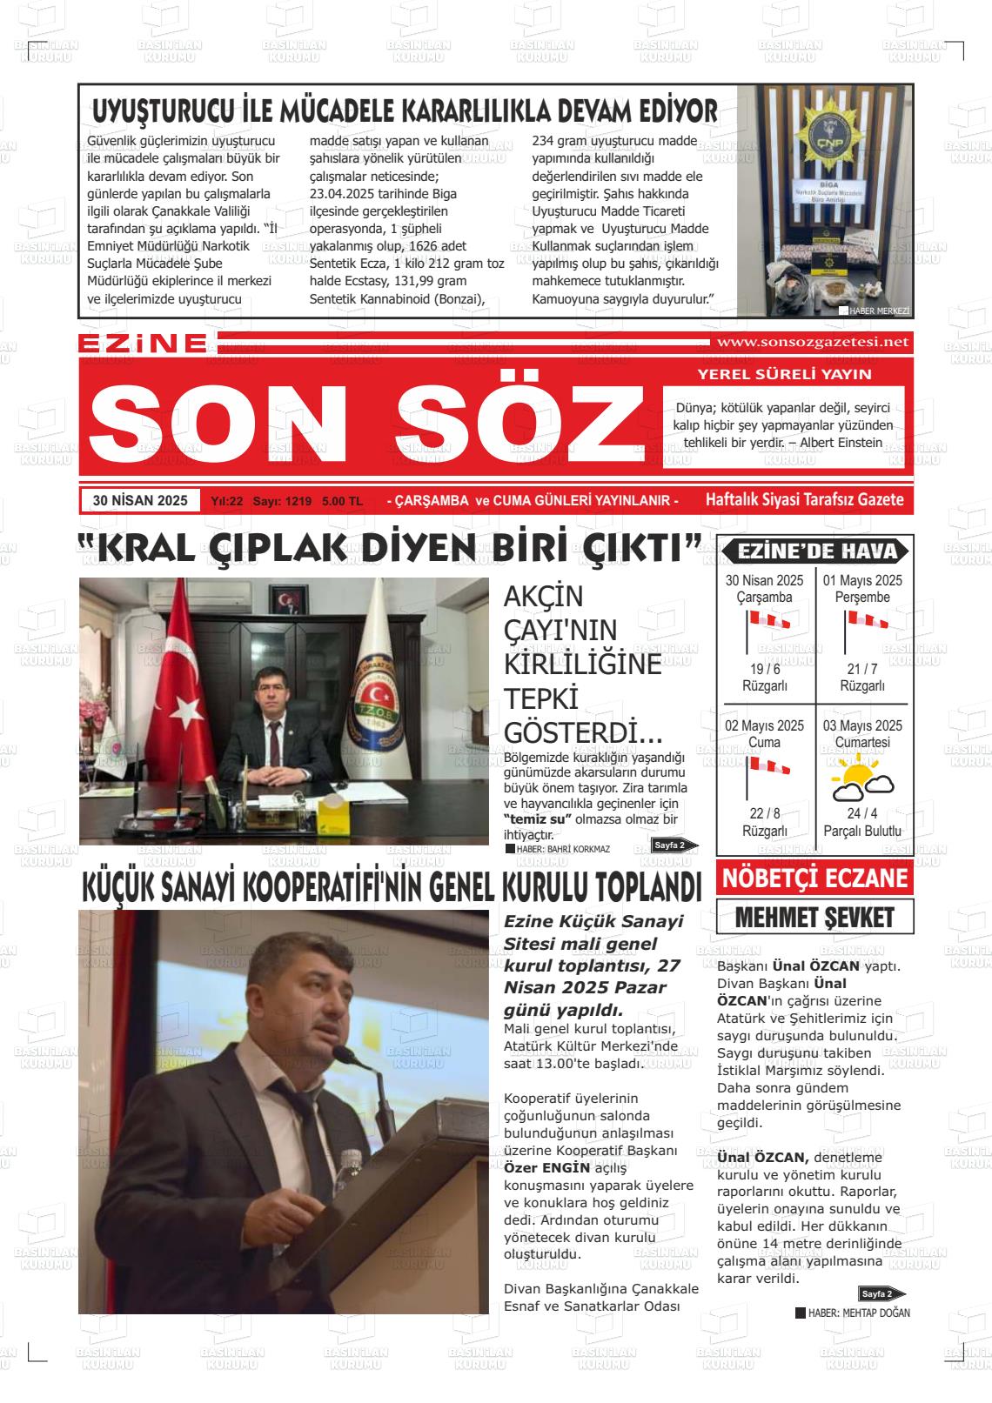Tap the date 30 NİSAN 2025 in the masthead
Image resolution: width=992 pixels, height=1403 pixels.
(140, 501)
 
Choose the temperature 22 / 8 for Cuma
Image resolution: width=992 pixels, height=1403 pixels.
(764, 813)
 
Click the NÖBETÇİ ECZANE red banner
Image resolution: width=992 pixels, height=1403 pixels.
(814, 878)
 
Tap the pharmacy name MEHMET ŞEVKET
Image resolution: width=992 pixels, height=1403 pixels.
(814, 917)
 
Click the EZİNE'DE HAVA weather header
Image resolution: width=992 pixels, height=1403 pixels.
(814, 551)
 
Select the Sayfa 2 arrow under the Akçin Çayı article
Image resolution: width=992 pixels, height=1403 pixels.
(674, 845)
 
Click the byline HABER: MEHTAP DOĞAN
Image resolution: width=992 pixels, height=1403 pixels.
(857, 1313)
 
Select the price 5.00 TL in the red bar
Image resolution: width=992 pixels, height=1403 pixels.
(342, 502)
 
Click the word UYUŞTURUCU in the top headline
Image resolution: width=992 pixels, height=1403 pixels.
(163, 112)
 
